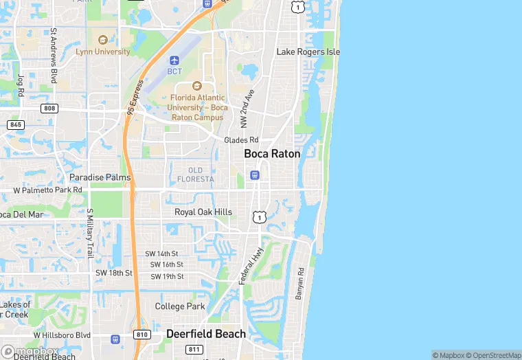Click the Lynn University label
[104, 52]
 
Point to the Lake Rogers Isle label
[308, 52]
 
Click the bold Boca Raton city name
[272, 154]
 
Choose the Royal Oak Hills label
[203, 212]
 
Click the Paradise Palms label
[100, 177]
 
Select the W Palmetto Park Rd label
[48, 190]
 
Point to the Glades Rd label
[241, 140]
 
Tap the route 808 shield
[49, 109]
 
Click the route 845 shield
[16, 124]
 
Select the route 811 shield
[194, 350]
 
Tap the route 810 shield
[142, 335]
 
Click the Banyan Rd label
[299, 284]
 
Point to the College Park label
[180, 306]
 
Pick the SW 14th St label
[162, 254]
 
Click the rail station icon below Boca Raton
[255, 175]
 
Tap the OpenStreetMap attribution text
[494, 355]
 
